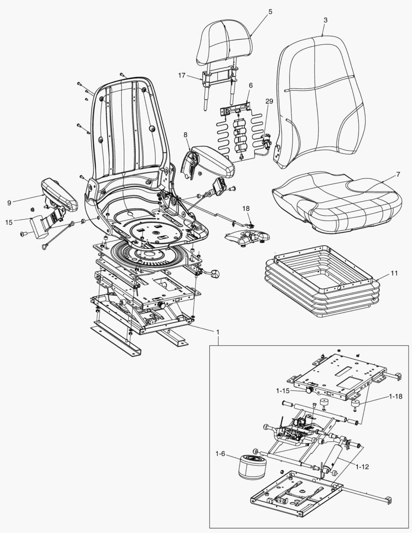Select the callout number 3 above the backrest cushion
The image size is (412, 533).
click(x=325, y=20)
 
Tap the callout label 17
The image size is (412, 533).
click(x=182, y=76)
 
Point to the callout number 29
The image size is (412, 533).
click(x=269, y=101)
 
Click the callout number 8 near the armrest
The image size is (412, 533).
click(x=185, y=134)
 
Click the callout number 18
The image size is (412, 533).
click(x=246, y=209)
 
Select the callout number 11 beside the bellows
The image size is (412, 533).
click(x=394, y=272)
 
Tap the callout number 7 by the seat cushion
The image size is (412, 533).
click(x=398, y=175)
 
